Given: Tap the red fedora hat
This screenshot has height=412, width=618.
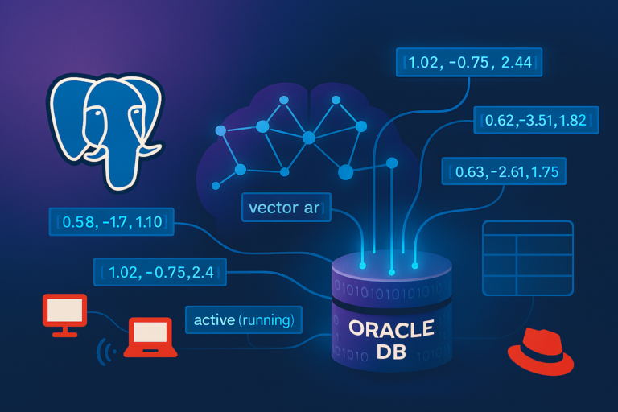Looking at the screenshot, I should (x=541, y=351).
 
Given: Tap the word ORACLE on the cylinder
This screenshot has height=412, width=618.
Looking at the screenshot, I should (x=391, y=329).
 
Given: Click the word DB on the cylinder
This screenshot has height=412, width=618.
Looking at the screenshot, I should (x=392, y=352).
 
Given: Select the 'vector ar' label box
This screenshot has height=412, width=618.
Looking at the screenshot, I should (x=284, y=208).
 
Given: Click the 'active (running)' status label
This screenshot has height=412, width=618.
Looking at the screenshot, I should (x=244, y=320).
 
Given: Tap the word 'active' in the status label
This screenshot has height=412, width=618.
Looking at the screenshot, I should (x=214, y=320).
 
